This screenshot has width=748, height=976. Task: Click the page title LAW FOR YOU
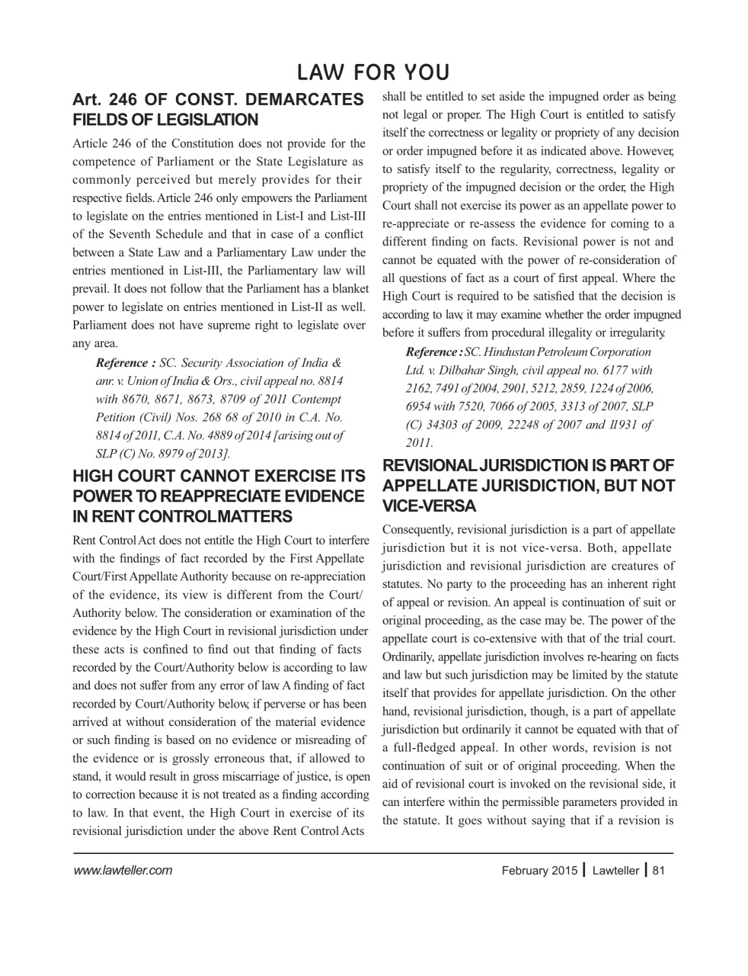click(373, 72)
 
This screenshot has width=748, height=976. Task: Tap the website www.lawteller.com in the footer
click(122, 870)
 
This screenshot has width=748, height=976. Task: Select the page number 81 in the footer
click(660, 870)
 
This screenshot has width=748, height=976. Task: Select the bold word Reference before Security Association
click(122, 363)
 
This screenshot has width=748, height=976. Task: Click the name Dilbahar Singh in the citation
click(472, 371)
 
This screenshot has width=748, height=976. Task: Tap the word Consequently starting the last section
click(417, 529)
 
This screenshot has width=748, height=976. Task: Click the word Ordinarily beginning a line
click(408, 657)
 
